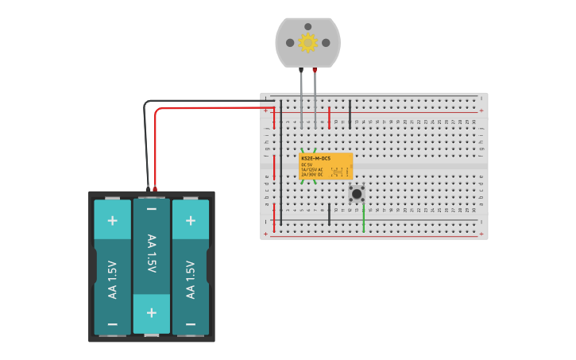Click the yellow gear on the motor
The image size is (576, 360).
[x=307, y=43]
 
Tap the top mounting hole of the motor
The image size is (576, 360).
[x=308, y=26]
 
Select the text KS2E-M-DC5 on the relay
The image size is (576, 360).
[x=315, y=159]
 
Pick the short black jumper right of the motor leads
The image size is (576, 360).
[x=350, y=113]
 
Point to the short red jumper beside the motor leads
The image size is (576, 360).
[x=329, y=118]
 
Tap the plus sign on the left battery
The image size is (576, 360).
[x=113, y=219]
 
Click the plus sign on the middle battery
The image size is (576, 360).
[x=152, y=312]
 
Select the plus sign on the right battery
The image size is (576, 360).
[x=191, y=219]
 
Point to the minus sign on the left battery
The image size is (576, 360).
[x=113, y=324]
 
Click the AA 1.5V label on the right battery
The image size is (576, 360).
[x=191, y=280]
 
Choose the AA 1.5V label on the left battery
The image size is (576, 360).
[x=113, y=280]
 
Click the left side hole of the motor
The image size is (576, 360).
[x=290, y=43]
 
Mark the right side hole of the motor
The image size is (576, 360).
[x=326, y=43]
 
